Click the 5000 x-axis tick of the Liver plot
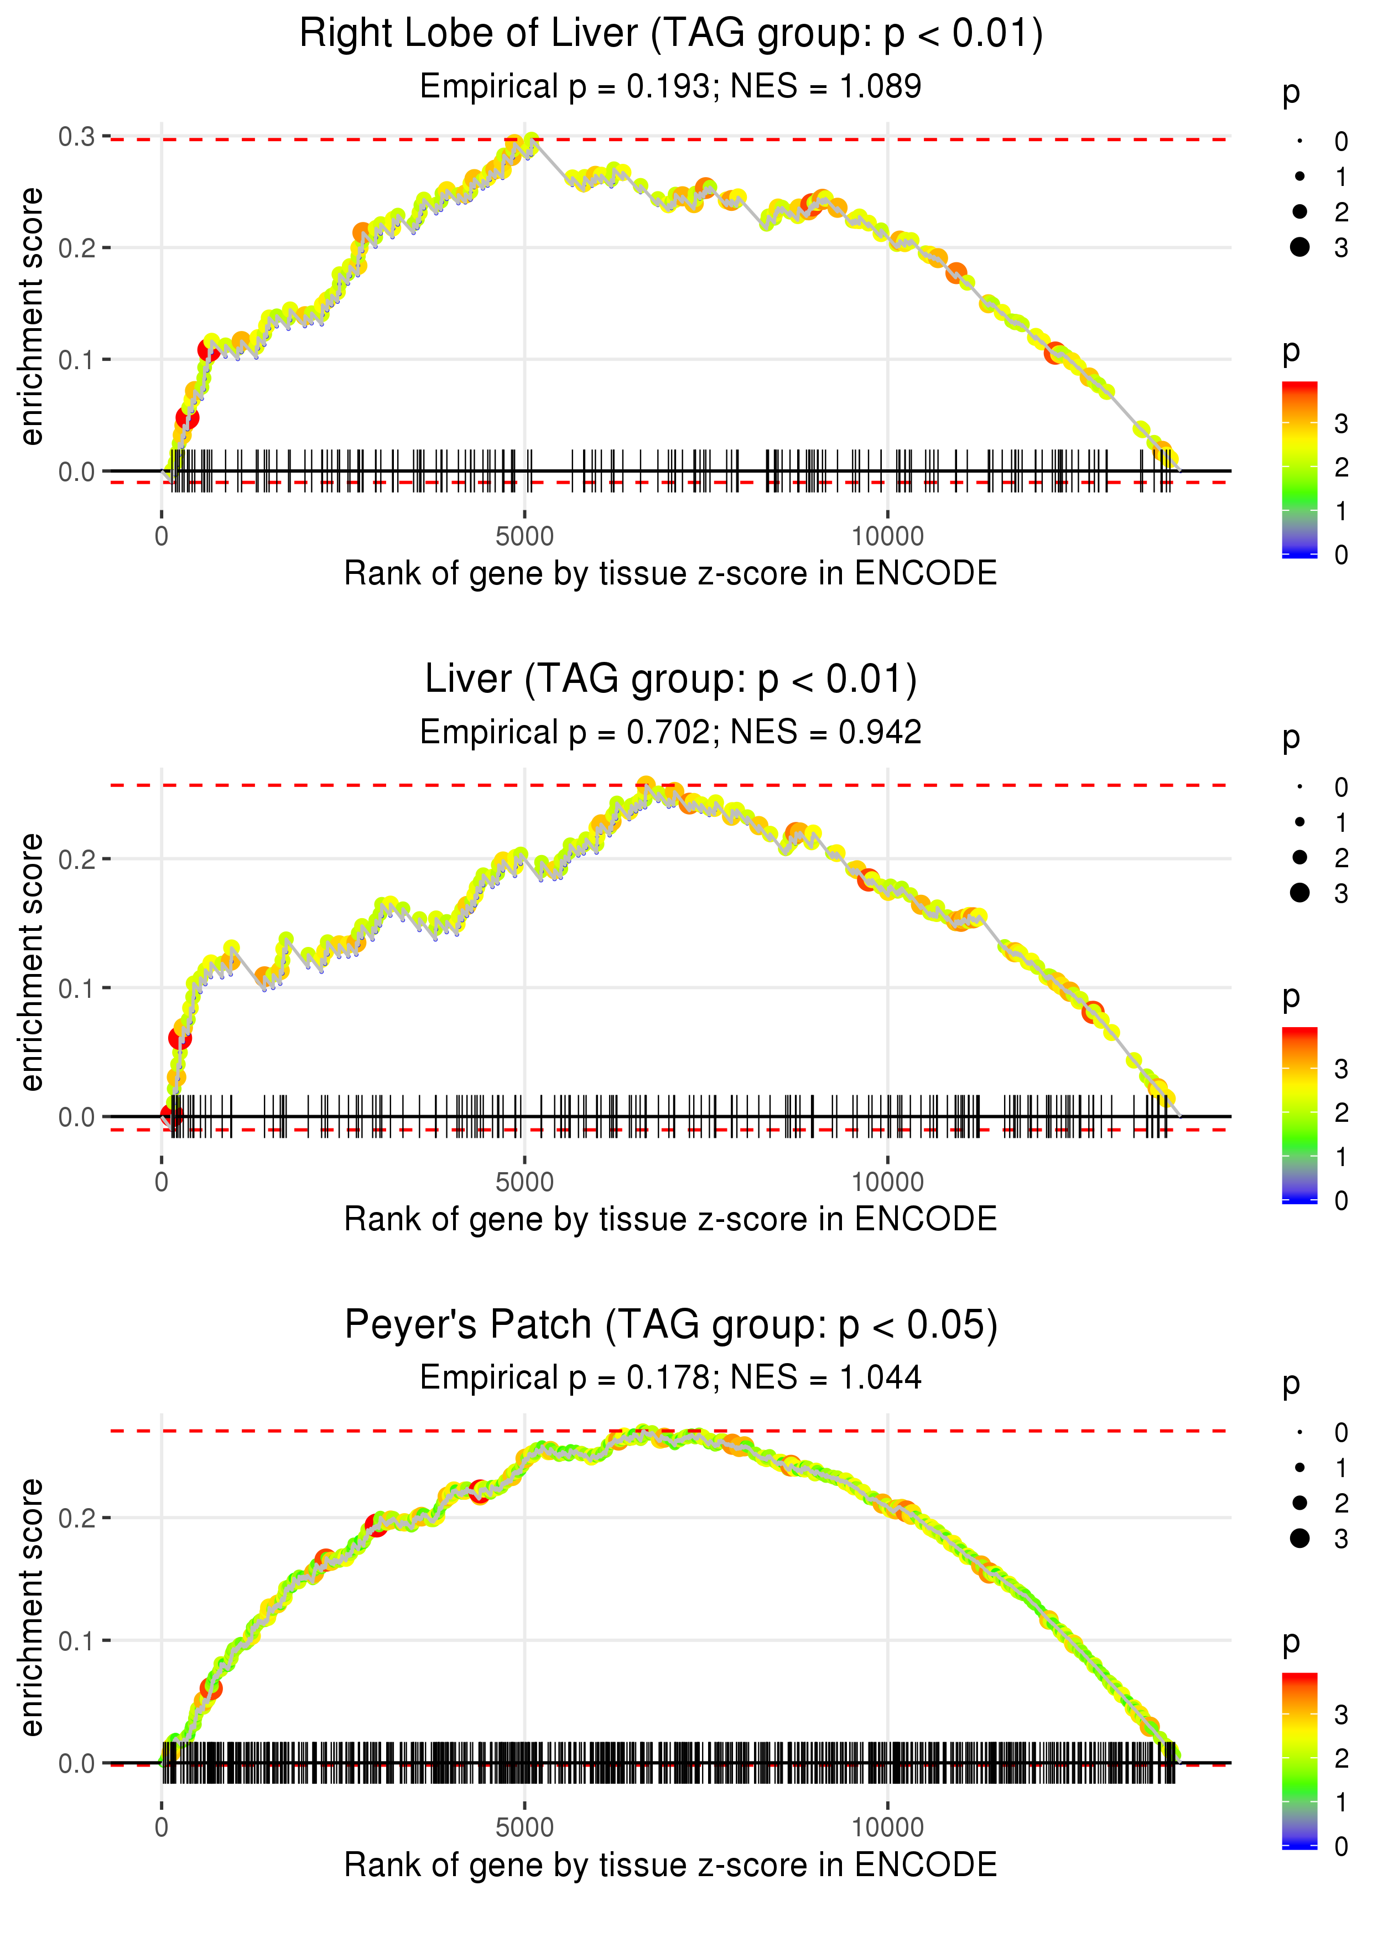524,1182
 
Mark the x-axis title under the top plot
670,573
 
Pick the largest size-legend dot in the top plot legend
1299,247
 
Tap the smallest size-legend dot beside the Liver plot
1299,787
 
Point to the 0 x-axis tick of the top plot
162,537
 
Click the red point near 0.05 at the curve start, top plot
188,417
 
